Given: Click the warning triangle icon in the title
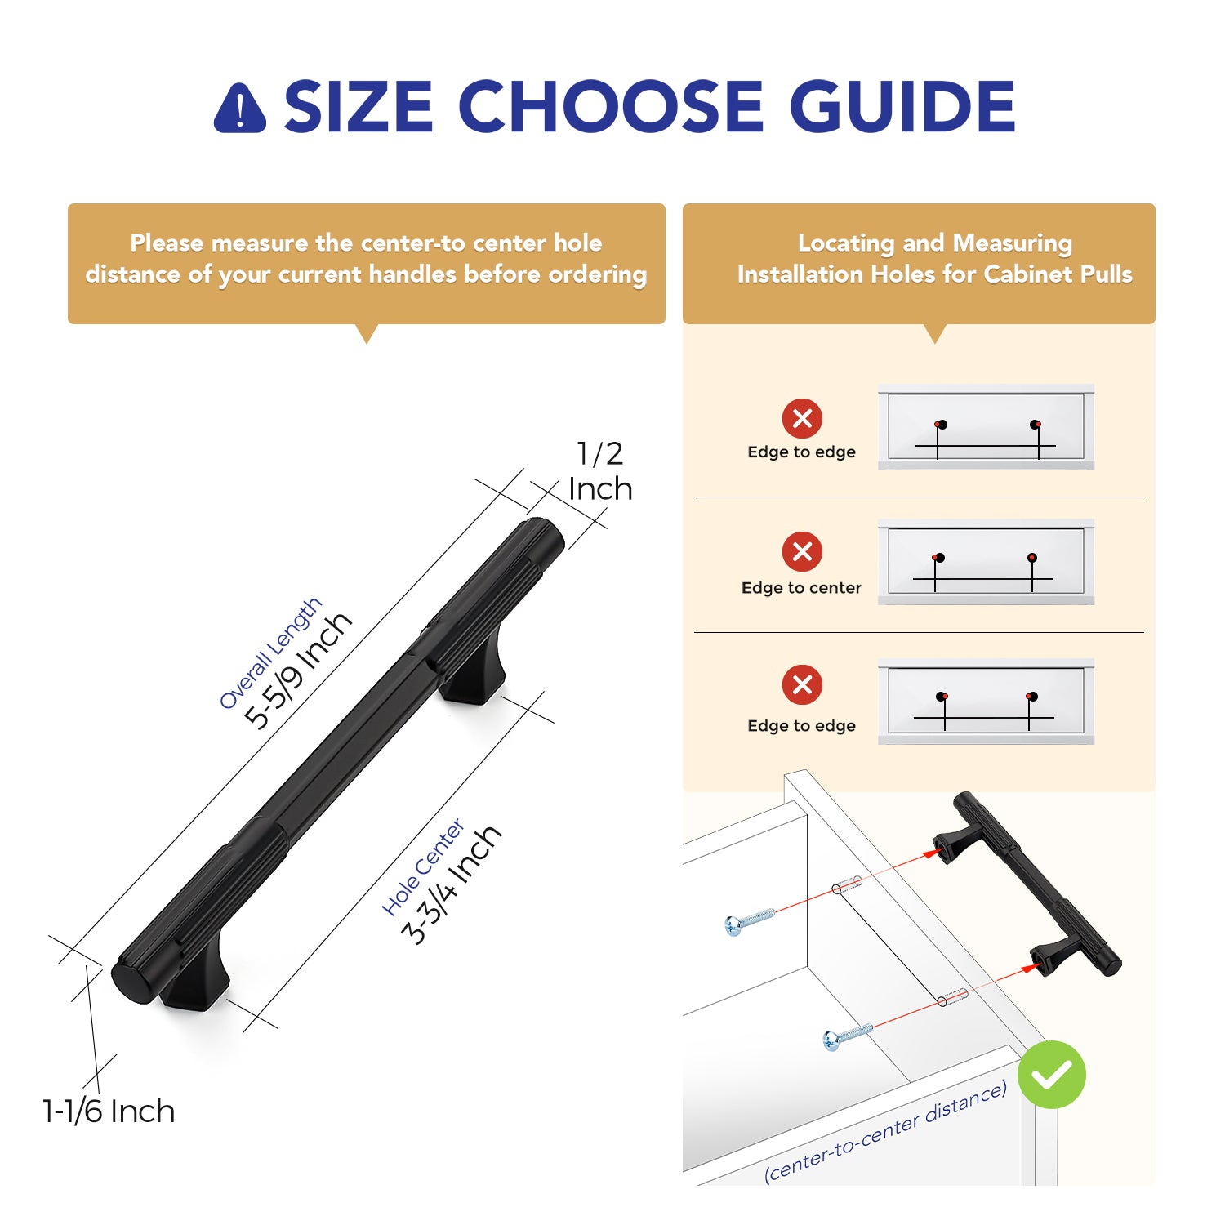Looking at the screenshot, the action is coord(239,108).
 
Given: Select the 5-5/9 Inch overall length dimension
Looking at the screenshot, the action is coord(298,670).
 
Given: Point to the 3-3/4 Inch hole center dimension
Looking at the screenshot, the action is coord(451,885).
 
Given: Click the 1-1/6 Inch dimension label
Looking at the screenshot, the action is coord(109,1111).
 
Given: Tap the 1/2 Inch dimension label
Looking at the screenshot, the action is coord(600,471).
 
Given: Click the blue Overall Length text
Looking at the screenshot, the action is coord(270,653).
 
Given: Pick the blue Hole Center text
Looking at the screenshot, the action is coord(423,866).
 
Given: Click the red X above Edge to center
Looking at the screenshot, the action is coord(802,551).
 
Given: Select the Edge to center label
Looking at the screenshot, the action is coord(801,587).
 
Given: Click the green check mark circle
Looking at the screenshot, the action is coord(1052,1075).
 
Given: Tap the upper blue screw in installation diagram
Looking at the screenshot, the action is coord(749,920).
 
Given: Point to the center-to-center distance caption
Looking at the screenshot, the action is coord(885,1132).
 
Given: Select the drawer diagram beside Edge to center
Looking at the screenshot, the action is coord(986,562).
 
